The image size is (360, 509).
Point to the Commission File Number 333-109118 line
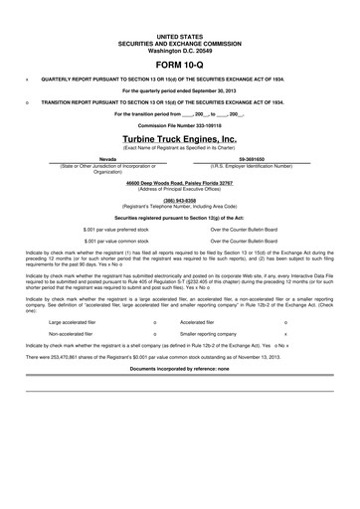pyautogui.click(x=179, y=126)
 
